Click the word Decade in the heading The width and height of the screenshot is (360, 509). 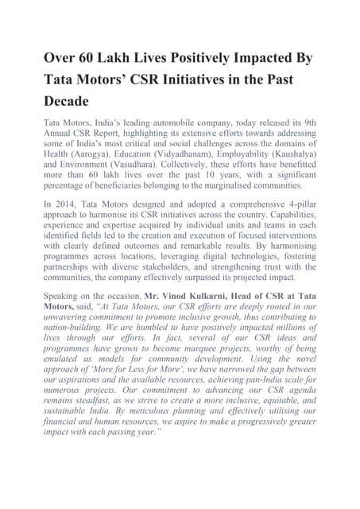pyautogui.click(x=71, y=103)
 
